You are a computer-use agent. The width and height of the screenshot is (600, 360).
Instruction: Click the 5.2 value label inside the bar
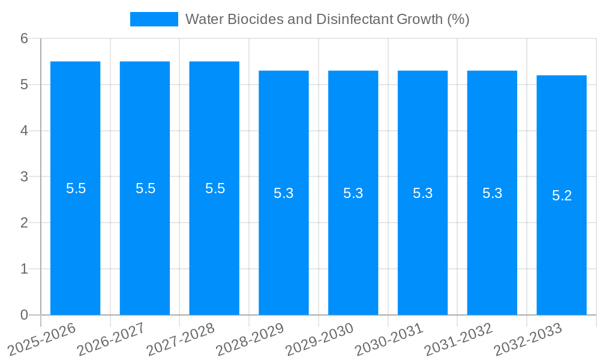coord(562,196)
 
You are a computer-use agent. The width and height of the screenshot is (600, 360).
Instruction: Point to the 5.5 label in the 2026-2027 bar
coord(145,188)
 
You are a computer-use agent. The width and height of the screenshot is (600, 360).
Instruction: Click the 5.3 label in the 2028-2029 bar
coord(284,193)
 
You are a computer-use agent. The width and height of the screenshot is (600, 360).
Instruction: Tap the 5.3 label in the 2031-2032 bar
coord(492,193)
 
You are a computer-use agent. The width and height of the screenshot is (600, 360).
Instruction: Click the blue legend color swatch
coord(154,19)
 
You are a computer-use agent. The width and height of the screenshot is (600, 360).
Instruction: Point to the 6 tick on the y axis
coord(24,38)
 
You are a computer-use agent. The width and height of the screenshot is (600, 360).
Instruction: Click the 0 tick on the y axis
coord(24,315)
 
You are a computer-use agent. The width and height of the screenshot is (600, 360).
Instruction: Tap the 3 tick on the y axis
coord(24,177)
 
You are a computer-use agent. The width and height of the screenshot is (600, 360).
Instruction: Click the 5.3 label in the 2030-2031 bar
coord(423,193)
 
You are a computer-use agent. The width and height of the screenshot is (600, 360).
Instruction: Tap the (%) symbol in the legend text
coord(458,19)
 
